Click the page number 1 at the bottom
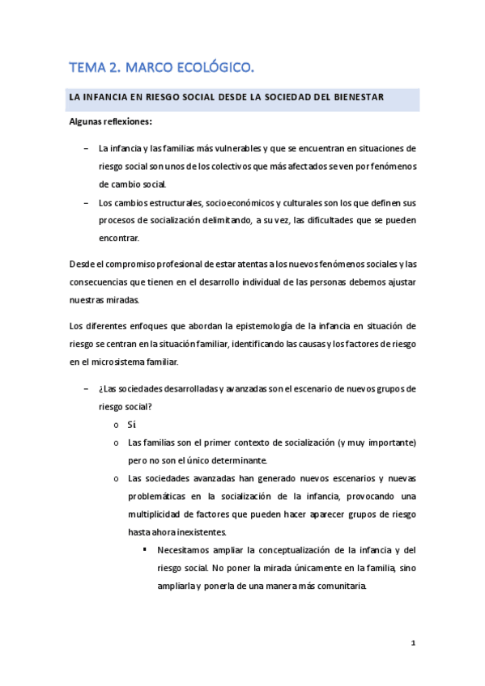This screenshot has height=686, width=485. [x=413, y=644]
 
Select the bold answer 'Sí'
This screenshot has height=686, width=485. [x=132, y=424]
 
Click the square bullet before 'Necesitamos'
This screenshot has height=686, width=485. [x=144, y=550]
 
